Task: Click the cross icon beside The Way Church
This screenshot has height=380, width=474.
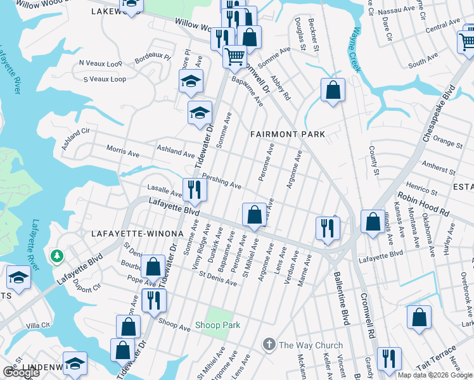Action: coord(269,345)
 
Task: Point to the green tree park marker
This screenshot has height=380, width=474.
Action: coord(58,255)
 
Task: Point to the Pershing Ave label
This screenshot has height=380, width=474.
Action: coord(222,182)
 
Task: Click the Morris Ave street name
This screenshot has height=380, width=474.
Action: coord(123,153)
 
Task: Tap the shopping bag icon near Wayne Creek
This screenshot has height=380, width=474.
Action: coord(333,90)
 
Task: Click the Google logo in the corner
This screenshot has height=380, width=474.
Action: coord(21,372)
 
